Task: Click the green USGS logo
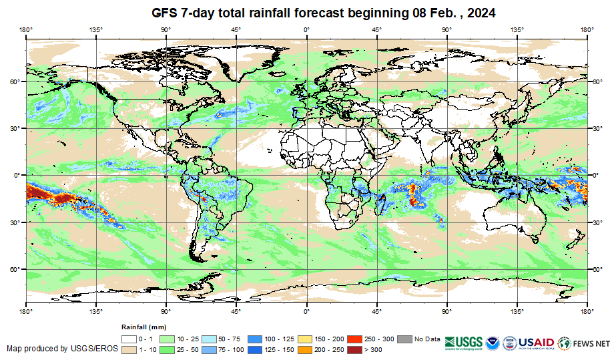465,343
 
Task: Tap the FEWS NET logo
584,343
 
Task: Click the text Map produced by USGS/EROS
62,349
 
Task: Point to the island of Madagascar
380,204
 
